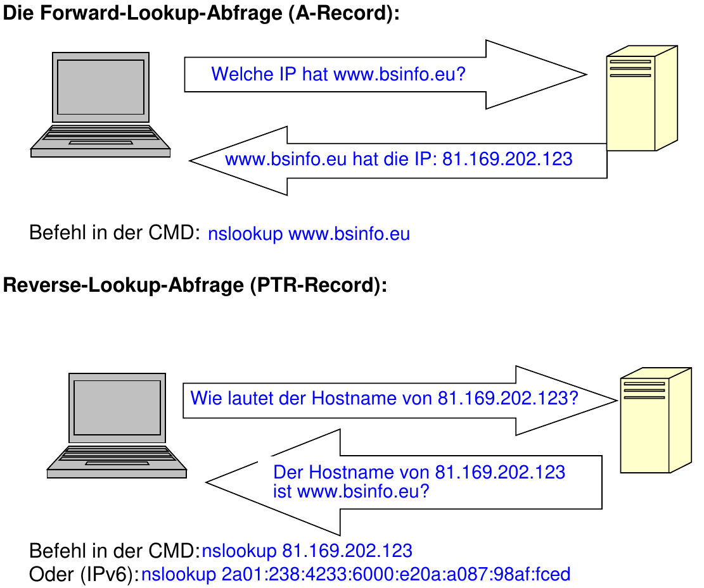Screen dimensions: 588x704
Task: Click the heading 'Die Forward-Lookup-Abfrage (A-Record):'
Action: (202, 14)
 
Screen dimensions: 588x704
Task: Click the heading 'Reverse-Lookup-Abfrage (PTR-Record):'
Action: (195, 285)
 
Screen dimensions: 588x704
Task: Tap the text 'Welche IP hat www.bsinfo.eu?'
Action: (338, 74)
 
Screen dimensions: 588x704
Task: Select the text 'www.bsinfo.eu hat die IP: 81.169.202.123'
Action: (399, 159)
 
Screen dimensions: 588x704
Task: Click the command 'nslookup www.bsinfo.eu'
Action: (309, 234)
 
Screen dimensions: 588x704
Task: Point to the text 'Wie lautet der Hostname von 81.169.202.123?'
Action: (384, 399)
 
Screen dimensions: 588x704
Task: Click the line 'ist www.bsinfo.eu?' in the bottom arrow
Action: (351, 491)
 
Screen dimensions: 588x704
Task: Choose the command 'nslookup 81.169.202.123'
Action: (307, 550)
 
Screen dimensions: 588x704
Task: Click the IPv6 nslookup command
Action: (355, 574)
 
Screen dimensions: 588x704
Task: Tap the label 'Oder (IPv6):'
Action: (84, 574)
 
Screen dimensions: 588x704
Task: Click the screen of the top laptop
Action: (100, 87)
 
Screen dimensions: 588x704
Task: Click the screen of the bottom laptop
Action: (117, 407)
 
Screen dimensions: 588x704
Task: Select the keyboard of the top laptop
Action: (101, 134)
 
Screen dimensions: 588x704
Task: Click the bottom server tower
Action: (650, 421)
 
